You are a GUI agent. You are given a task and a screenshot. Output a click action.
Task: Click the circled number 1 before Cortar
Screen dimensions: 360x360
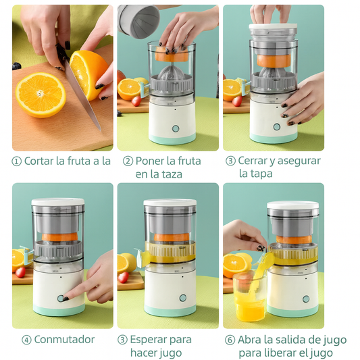pos(16,161)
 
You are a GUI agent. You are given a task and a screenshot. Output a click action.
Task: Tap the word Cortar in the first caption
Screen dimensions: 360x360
pos(38,161)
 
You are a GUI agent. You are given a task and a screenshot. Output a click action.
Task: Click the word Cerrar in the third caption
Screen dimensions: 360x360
pos(253,161)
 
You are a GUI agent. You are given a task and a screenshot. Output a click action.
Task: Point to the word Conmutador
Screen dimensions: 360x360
pos(64,340)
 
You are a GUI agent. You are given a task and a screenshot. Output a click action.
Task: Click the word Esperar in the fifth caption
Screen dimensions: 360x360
pos(147,340)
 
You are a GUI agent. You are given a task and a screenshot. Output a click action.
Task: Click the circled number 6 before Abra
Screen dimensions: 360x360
pos(230,340)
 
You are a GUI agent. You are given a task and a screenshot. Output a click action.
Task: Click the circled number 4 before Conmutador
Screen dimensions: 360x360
pos(26,340)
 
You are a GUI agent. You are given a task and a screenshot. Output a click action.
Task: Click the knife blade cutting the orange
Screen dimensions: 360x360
pos(82,94)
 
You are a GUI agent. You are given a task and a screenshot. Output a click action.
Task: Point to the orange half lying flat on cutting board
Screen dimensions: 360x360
pos(41,95)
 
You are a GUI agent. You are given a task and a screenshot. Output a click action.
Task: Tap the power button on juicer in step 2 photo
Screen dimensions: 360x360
pos(176,128)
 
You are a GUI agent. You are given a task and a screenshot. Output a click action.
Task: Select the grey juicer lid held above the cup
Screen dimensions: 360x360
pos(138,20)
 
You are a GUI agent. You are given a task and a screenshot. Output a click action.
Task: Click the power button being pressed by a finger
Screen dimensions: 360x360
pos(60,299)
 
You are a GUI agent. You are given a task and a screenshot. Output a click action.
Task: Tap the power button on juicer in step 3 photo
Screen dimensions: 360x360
pos(277,127)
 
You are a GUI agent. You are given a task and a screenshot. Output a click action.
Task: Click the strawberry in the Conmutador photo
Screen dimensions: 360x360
pos(20,272)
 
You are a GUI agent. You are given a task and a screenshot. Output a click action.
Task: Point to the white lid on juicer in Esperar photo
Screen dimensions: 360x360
pos(170,203)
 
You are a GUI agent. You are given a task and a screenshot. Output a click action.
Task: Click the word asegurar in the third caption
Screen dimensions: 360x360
pos(299,161)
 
